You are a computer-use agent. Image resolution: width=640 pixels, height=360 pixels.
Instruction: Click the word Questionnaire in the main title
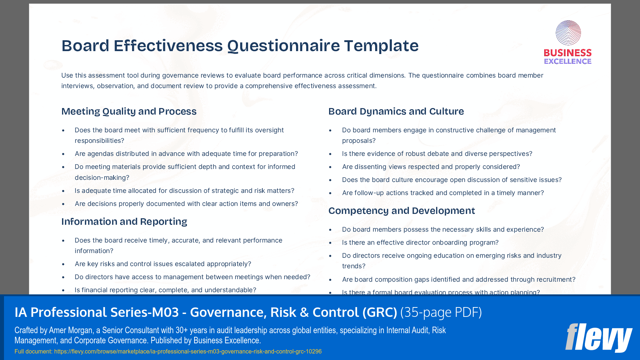coord(283,46)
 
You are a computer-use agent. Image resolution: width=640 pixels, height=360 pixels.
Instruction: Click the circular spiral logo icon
coord(568,33)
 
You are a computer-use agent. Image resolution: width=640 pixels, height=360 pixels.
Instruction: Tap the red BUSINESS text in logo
coord(567,53)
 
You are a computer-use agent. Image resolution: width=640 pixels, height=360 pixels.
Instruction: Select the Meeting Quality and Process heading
coord(129,111)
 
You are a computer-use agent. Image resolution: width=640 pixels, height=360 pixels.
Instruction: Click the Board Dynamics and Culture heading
coord(396,111)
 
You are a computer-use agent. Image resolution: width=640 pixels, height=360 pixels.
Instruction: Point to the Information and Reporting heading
coord(124,222)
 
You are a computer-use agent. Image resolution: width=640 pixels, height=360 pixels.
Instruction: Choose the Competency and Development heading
coord(402,211)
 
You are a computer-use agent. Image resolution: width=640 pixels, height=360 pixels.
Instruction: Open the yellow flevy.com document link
coord(188,351)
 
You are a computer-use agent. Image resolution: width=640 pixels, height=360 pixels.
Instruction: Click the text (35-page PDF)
coord(441,312)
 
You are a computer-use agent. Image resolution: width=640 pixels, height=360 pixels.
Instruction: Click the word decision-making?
coord(102,178)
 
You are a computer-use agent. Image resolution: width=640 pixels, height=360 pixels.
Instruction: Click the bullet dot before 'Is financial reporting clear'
coord(63,290)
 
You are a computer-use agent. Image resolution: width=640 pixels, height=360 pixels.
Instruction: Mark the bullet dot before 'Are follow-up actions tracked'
coord(331,193)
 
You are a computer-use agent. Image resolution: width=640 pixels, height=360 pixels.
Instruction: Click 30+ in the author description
coord(182,330)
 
